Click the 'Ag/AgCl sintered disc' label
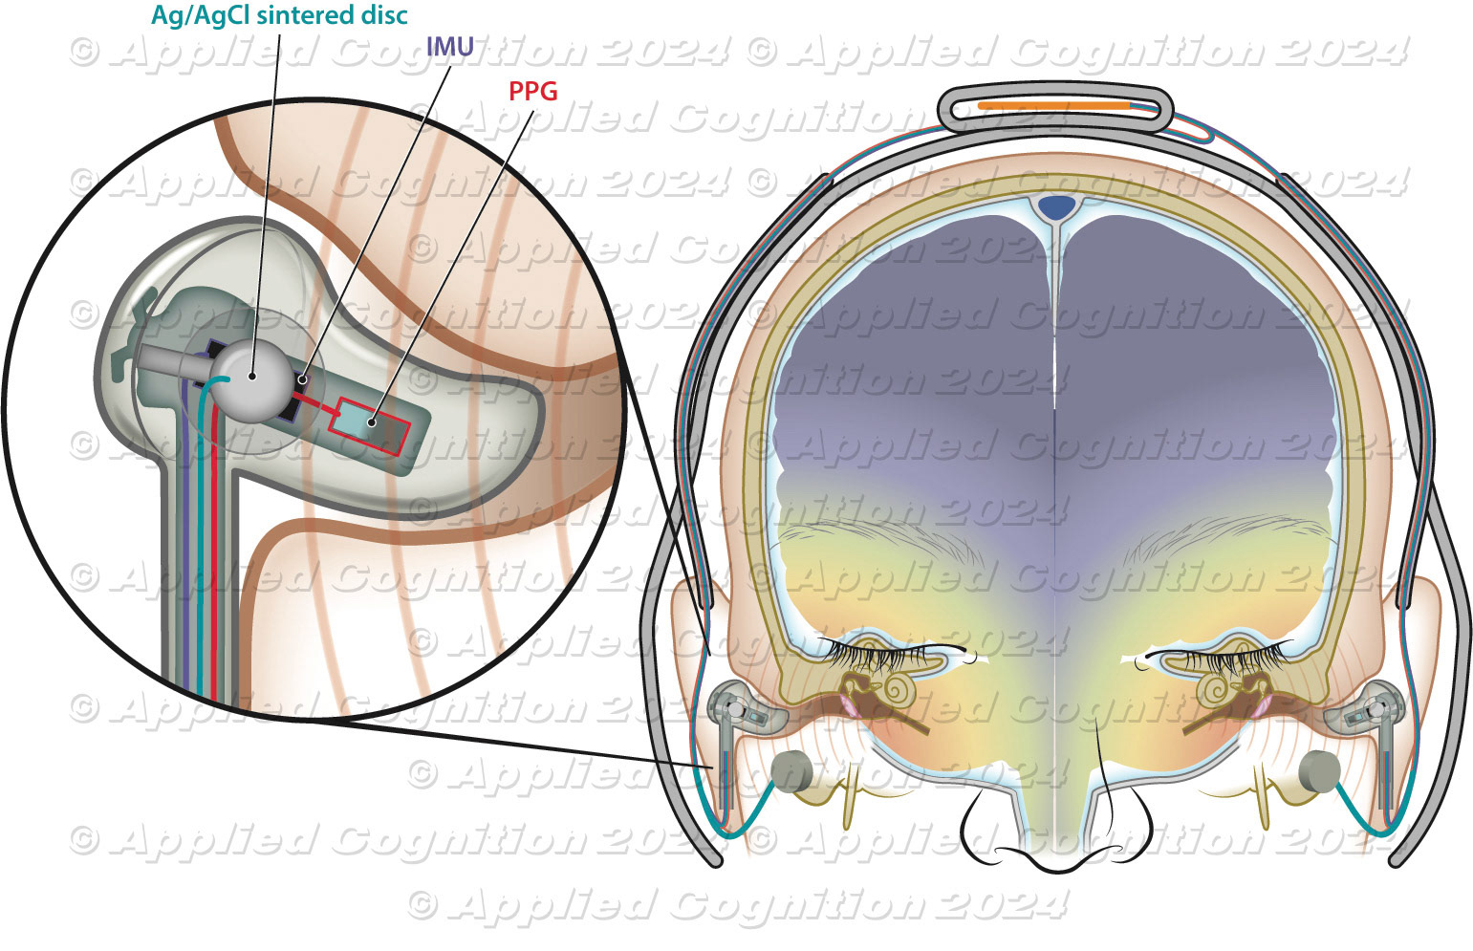[279, 16]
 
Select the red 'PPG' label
[533, 91]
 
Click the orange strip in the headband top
[1053, 105]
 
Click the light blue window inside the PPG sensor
[356, 419]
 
